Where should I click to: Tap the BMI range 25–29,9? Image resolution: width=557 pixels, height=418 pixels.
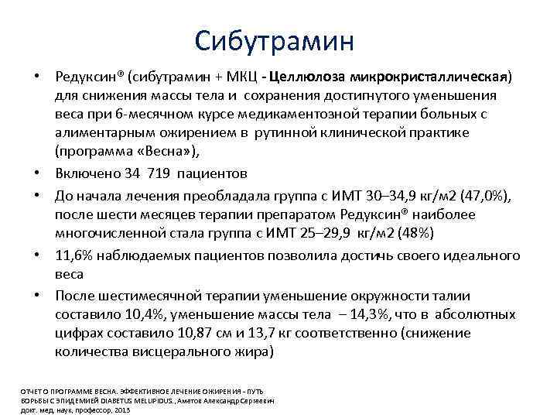[298, 232]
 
